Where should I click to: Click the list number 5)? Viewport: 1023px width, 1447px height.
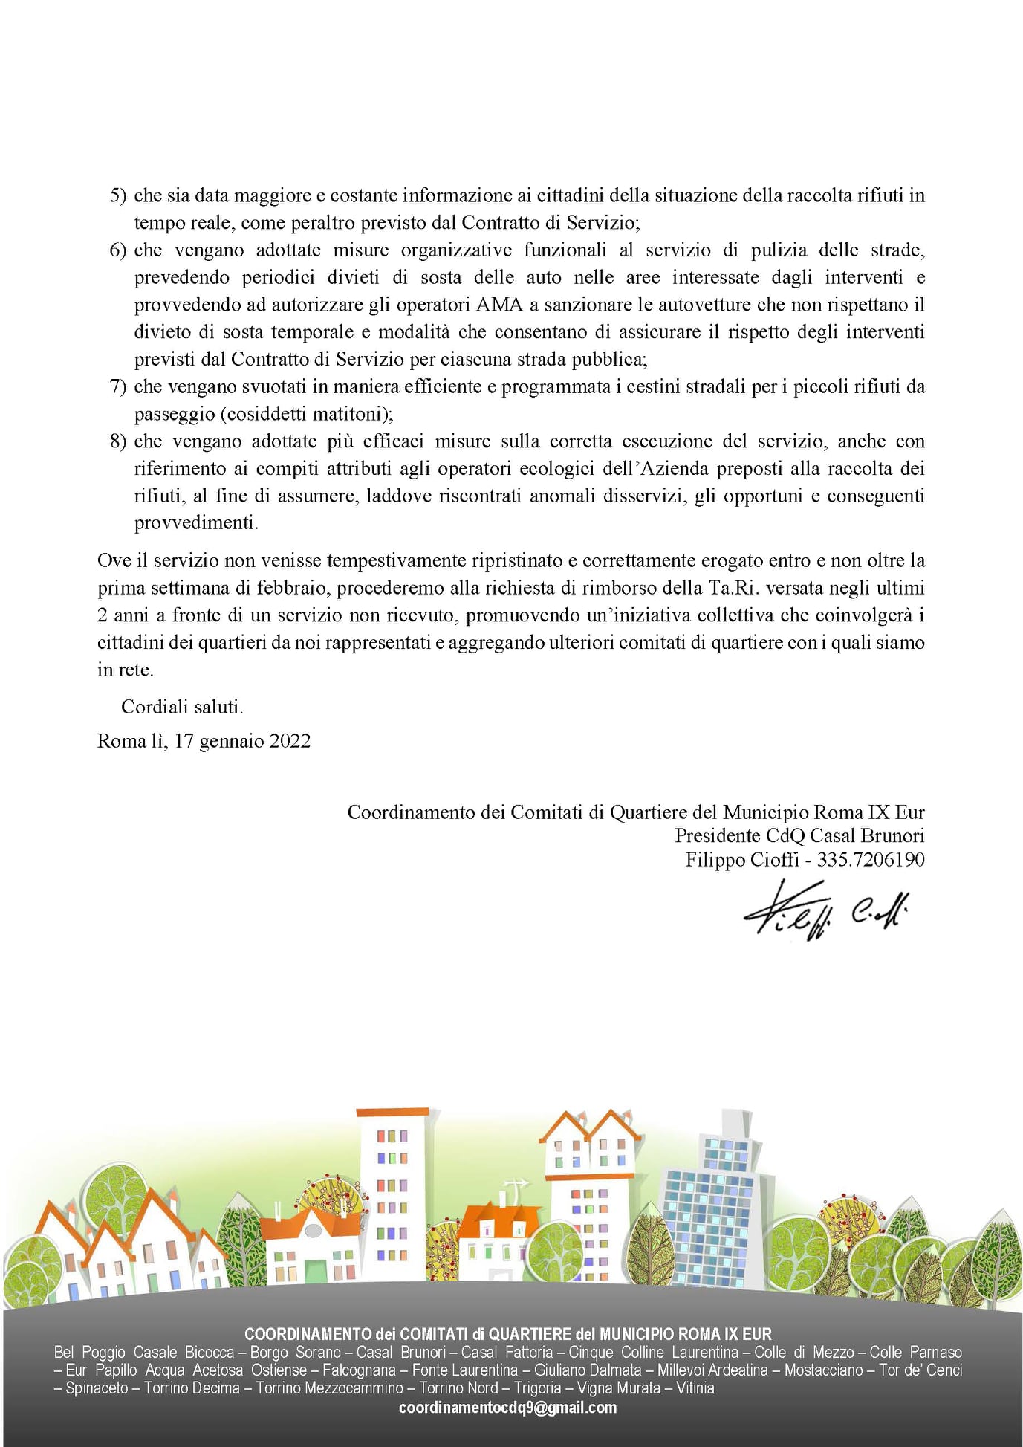(x=118, y=195)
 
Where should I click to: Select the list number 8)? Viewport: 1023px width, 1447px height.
(x=118, y=441)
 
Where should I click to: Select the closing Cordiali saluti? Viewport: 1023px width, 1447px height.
(x=182, y=707)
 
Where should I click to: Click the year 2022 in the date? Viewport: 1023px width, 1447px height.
(x=290, y=741)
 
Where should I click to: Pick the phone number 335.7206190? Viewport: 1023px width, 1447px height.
(x=871, y=860)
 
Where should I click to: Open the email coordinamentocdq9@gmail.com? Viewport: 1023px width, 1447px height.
(x=507, y=1407)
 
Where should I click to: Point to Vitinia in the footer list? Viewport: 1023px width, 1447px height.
(x=695, y=1388)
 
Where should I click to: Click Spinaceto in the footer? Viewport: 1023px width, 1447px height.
(x=97, y=1388)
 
